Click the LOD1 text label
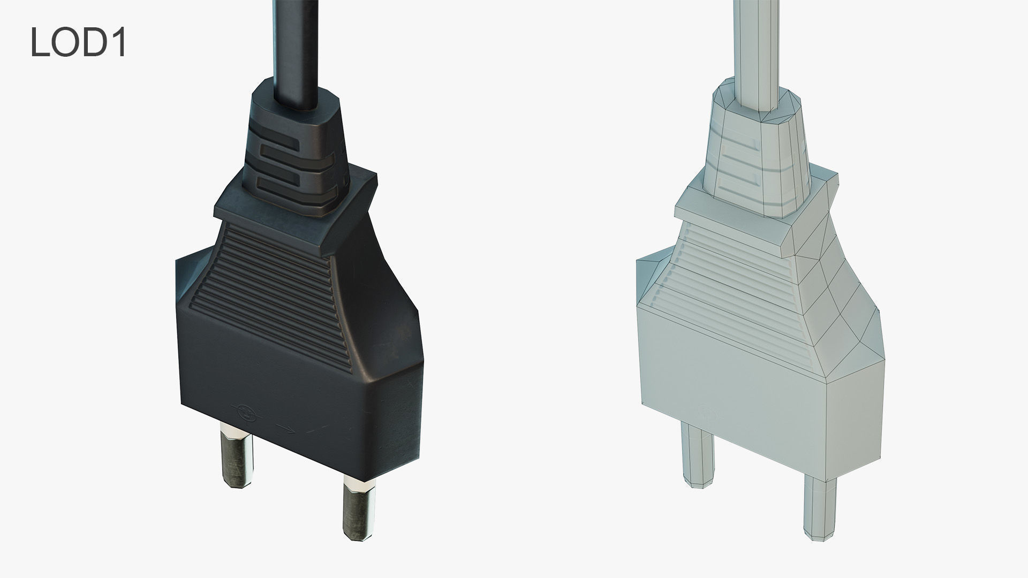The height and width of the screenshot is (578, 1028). [x=78, y=42]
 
